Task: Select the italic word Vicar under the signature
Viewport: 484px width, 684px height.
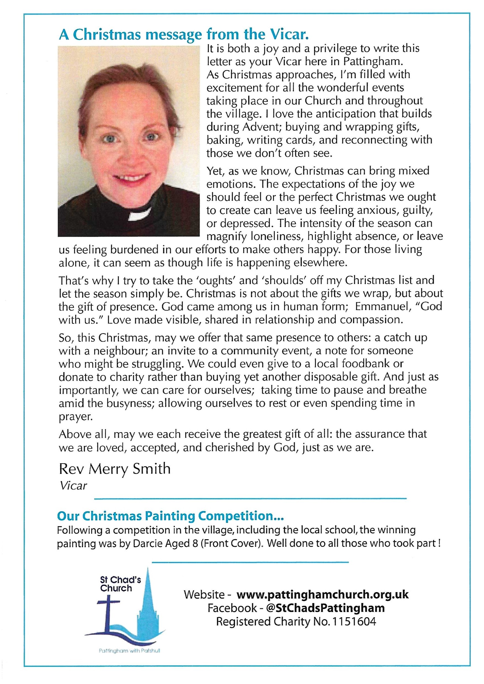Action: pos(73,486)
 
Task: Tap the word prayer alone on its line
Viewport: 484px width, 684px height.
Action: pos(76,417)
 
